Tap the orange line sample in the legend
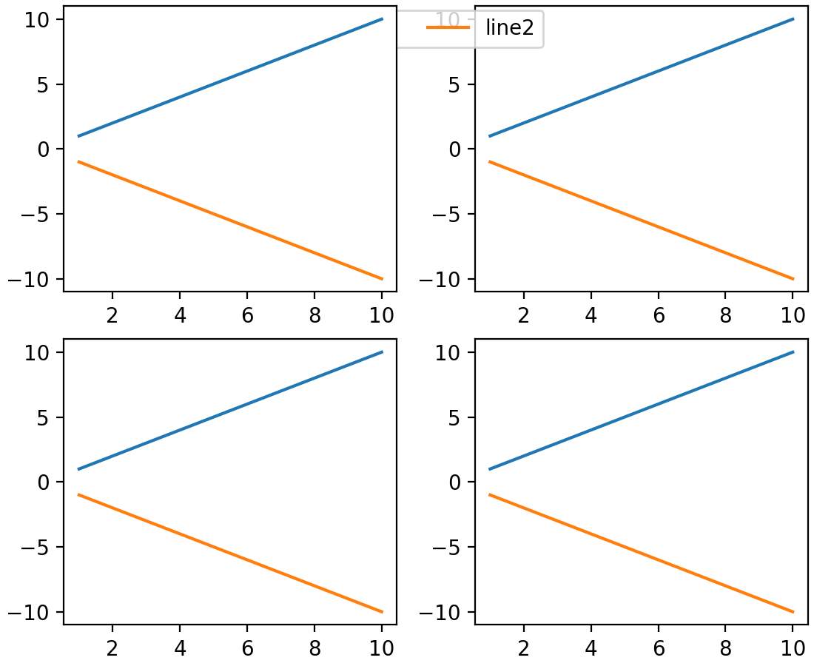coord(448,28)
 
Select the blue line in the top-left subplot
coord(230,77)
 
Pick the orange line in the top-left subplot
coord(230,220)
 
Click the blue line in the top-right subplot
coord(641,77)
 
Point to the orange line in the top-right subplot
coord(641,220)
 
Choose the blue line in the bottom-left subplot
coord(230,410)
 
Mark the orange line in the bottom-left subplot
coord(230,553)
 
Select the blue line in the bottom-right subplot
coord(641,410)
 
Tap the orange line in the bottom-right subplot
coord(641,553)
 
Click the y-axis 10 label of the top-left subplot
coord(37,19)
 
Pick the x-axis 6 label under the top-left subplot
coord(247,314)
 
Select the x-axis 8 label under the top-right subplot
coord(726,314)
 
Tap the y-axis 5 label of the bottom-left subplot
coord(44,417)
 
